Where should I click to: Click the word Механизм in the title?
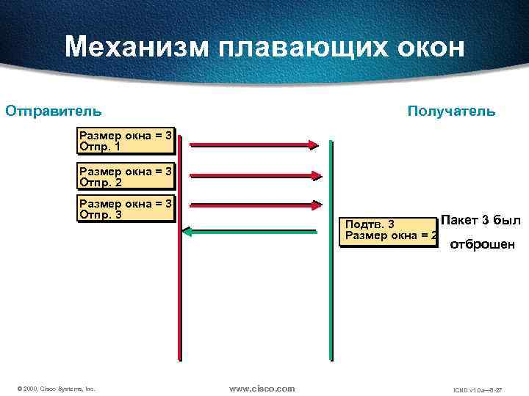click(137, 48)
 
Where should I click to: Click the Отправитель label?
click(54, 111)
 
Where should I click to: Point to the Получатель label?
click(451, 111)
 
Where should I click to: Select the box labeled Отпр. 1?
click(126, 141)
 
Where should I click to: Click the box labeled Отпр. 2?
click(126, 177)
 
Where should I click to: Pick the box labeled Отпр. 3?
click(126, 209)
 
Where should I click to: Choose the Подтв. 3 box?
click(390, 230)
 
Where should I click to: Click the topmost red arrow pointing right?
click(254, 144)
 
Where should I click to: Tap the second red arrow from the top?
click(254, 175)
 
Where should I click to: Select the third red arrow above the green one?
click(254, 206)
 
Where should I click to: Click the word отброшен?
click(482, 244)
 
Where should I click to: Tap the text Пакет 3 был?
click(481, 220)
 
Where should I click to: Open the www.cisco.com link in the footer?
click(262, 388)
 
